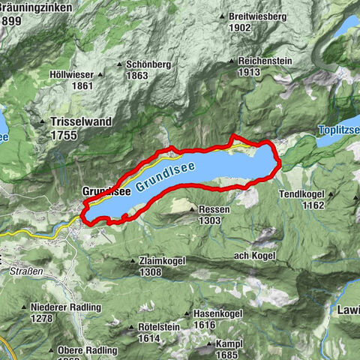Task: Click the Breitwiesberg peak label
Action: point(259,16)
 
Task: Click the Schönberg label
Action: point(148,64)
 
